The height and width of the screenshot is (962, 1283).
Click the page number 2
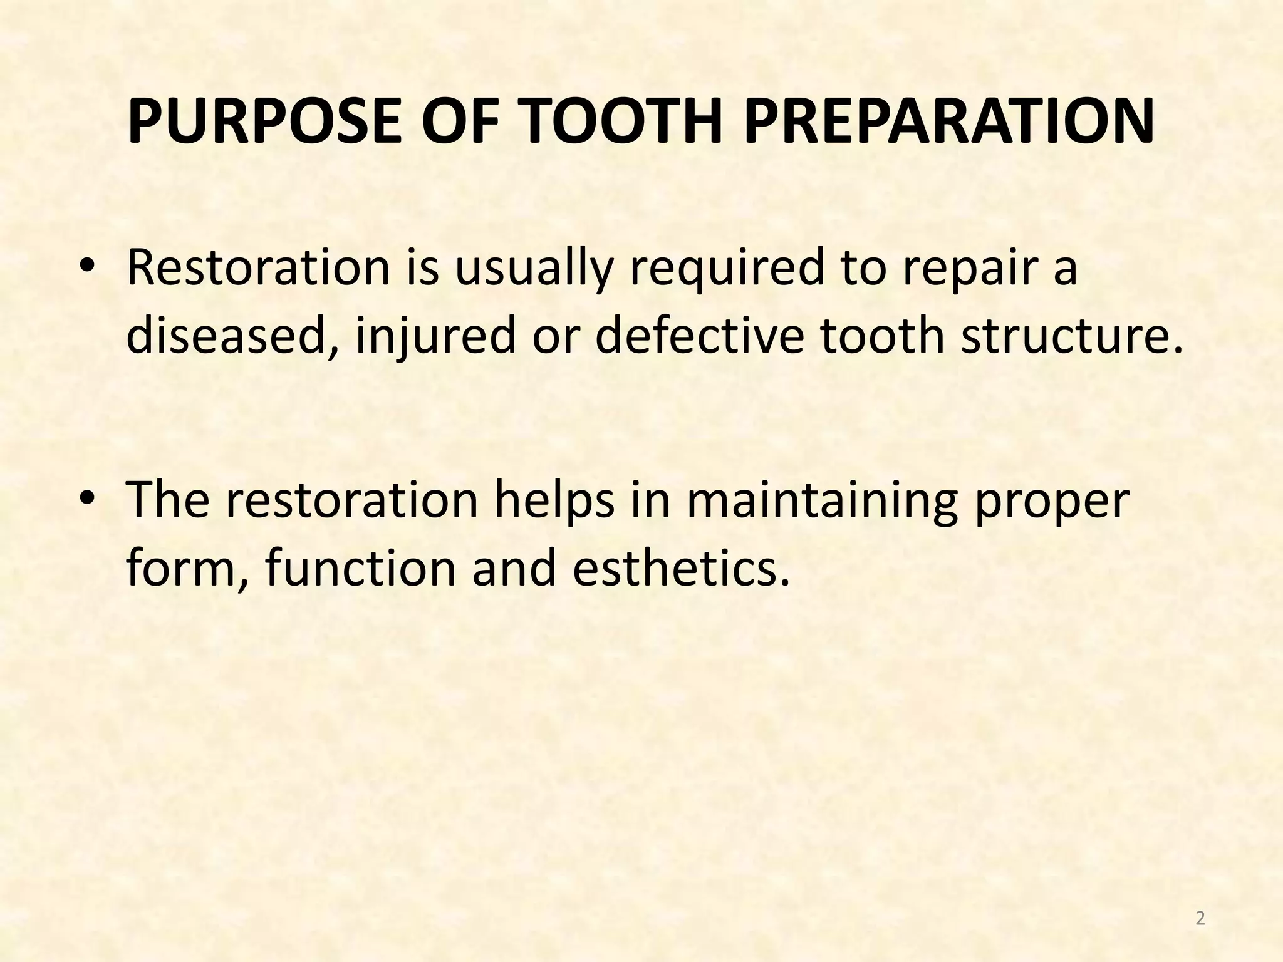1200,919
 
